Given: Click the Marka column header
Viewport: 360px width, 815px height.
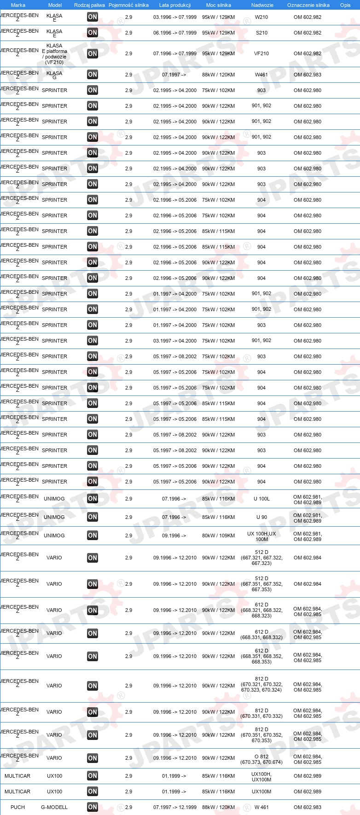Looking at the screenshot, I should coord(18,5).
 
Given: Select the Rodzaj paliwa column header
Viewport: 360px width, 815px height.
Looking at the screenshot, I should coord(89,5).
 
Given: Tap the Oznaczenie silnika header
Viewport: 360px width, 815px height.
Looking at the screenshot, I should coord(308,5).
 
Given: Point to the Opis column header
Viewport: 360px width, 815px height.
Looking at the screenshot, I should coord(345,5).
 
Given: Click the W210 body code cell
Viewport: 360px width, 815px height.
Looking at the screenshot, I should coord(261,17).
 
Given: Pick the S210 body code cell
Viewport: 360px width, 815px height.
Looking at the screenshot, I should coord(261,33).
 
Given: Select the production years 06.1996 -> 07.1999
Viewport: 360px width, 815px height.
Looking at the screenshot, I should coord(175,33).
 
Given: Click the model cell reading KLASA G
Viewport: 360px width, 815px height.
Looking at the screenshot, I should coord(54,75).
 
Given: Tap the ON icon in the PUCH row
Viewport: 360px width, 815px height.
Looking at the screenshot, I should coord(93,807).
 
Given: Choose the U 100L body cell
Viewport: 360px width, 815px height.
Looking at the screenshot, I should coord(261,499).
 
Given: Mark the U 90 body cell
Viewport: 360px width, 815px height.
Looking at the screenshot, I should coord(261,517).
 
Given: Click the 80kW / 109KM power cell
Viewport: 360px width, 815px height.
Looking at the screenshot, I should coord(218,536).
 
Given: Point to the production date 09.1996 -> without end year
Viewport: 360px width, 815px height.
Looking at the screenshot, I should coord(174,536).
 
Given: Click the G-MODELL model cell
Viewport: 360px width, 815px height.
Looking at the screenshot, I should coord(54,807).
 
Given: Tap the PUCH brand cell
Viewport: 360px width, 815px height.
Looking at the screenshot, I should coord(17,807).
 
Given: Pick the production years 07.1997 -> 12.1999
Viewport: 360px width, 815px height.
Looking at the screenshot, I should coord(175,807).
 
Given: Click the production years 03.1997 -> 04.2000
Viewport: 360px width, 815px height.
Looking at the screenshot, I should coord(175,341).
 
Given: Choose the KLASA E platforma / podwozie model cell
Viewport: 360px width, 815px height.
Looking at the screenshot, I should coord(54,54).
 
